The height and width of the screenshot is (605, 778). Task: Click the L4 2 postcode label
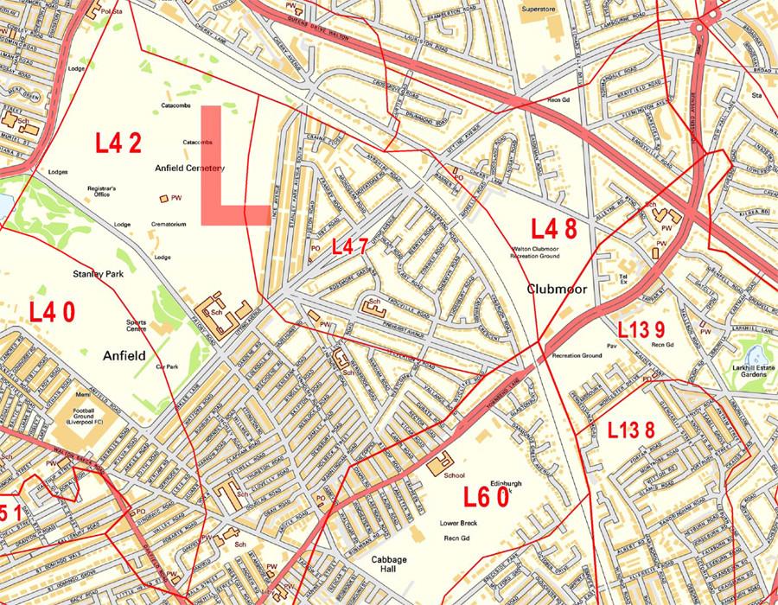tap(118, 143)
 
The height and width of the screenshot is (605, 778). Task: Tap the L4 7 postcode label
tap(350, 246)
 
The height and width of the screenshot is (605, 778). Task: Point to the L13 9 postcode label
tap(641, 329)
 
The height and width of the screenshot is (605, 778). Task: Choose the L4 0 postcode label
tap(52, 311)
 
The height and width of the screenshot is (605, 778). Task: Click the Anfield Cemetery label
tap(189, 168)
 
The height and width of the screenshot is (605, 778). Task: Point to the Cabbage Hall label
tap(389, 564)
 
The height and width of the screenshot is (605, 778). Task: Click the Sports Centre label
tap(137, 326)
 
